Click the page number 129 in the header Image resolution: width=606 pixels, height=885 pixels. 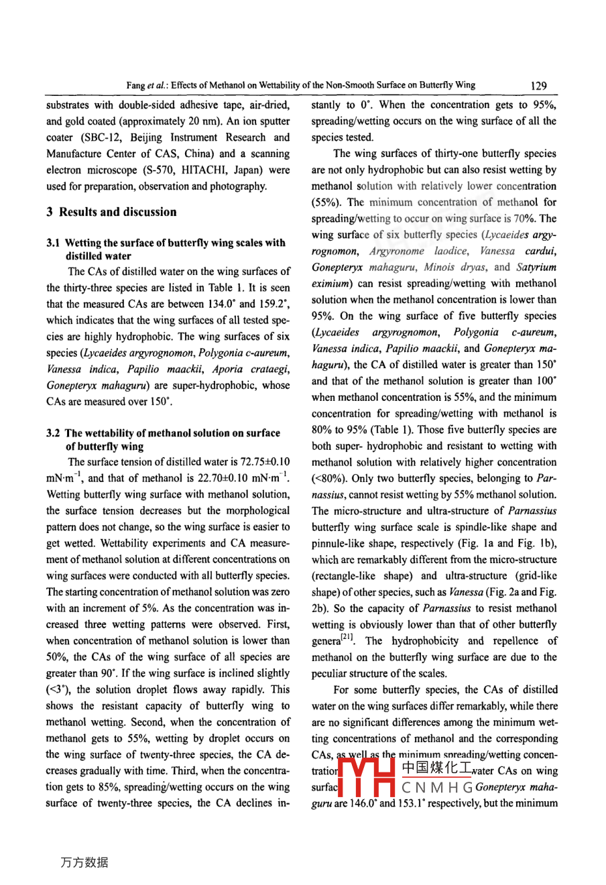tap(538, 86)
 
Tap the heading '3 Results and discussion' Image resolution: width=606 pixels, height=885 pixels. tap(111, 212)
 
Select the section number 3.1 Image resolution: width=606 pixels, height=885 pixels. tap(53, 243)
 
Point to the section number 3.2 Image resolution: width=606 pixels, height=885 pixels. tap(53, 433)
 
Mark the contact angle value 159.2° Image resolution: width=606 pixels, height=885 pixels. tap(274, 304)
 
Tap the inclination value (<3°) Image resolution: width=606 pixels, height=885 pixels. tap(58, 689)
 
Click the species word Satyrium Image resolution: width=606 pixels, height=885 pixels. tap(536, 267)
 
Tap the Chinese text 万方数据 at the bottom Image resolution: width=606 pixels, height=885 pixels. tap(84, 862)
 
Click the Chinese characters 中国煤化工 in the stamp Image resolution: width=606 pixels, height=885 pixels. tap(436, 768)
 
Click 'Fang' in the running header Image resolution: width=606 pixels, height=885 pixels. tap(135, 86)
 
